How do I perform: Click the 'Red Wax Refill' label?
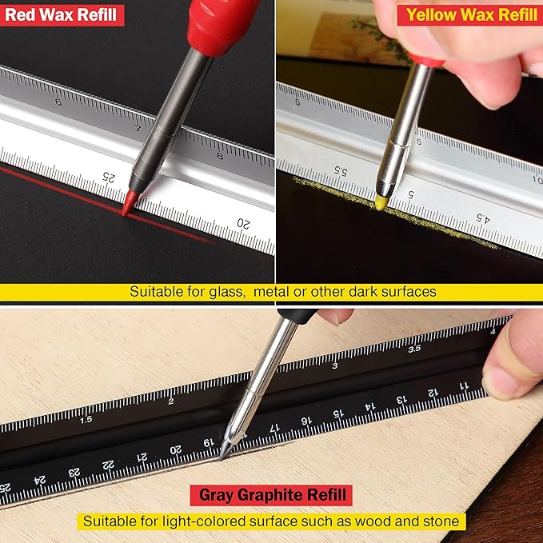pos(62,14)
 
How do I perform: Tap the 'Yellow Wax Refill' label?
pos(472,14)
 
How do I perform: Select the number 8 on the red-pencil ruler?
pos(220,155)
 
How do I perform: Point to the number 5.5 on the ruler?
pos(340,171)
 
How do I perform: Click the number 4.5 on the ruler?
pos(482,217)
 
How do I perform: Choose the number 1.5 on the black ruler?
pos(86,418)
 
